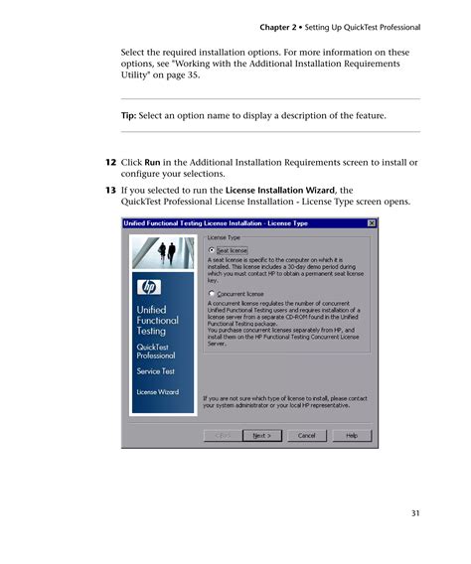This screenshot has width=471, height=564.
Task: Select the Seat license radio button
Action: point(212,250)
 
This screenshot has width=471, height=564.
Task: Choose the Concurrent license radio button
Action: point(212,294)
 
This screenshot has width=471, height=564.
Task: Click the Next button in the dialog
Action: point(261,435)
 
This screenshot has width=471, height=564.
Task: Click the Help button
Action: point(352,435)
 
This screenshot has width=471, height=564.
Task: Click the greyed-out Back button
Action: point(223,435)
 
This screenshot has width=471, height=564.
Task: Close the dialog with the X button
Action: point(372,223)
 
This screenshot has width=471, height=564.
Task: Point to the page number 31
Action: point(415,512)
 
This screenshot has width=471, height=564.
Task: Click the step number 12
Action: point(111,161)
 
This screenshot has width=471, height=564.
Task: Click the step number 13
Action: point(111,189)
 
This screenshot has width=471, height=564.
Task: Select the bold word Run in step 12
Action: point(153,161)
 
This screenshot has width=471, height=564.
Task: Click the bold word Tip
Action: point(129,116)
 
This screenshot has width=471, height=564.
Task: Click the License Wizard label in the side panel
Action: point(157,391)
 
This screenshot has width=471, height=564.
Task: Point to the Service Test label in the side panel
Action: point(156,370)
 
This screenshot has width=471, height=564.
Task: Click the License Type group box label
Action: point(224,238)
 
